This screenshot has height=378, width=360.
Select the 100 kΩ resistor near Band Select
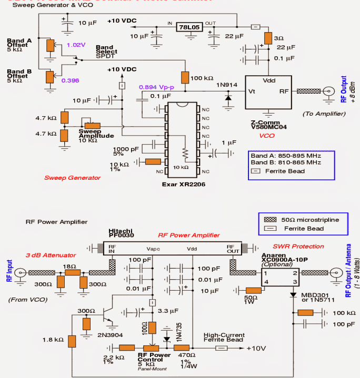185,77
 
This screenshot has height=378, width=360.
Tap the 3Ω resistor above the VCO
268,38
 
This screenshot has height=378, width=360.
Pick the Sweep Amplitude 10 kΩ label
96,135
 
